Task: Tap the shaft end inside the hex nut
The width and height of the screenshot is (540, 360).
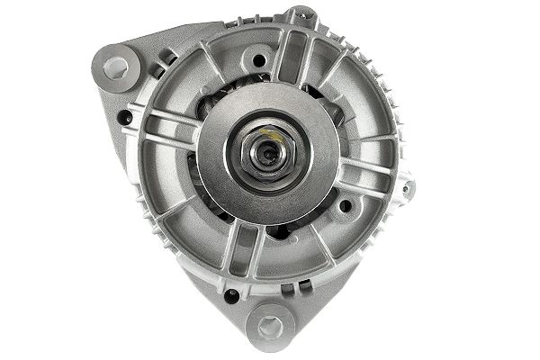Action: pos(266,154)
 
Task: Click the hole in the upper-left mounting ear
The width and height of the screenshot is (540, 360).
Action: pos(116,67)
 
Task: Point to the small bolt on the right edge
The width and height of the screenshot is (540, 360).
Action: pos(408,188)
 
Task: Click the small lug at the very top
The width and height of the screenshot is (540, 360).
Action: pos(301,15)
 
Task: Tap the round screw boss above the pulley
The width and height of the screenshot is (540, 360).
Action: pos(258,60)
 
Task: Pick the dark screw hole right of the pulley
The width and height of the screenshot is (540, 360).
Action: pos(345,206)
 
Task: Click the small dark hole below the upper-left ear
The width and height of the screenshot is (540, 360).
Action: pos(126,117)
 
